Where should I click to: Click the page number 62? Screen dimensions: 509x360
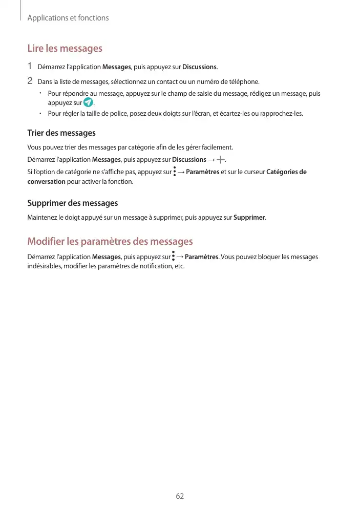click(180, 496)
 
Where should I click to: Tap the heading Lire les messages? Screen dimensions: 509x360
click(65, 49)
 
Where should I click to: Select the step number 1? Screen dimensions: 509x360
click(30, 66)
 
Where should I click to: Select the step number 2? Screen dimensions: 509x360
click(30, 81)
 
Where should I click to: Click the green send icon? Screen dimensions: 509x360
click(88, 103)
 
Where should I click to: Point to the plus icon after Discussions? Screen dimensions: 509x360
click(220, 160)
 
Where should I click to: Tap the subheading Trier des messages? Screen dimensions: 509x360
click(61, 133)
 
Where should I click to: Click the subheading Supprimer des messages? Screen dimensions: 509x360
click(72, 203)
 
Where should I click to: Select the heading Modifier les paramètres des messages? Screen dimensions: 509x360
click(110, 241)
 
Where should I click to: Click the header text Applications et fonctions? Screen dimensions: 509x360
click(68, 18)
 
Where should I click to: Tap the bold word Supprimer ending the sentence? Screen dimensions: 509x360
click(249, 218)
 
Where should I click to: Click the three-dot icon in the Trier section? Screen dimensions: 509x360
click(175, 172)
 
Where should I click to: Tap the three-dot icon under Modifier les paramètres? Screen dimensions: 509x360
click(174, 256)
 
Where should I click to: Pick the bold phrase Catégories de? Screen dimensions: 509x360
click(287, 172)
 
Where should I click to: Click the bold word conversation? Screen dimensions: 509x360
click(46, 182)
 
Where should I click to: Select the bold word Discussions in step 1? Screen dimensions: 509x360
click(200, 67)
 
